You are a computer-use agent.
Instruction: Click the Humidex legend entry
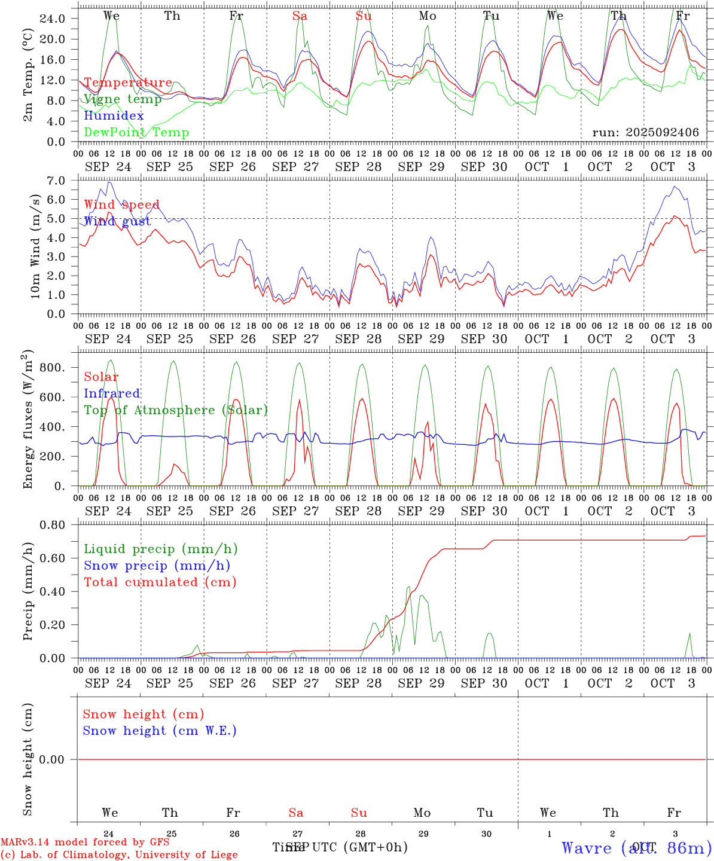pyautogui.click(x=114, y=116)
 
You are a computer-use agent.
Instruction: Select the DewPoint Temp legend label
pyautogui.click(x=136, y=133)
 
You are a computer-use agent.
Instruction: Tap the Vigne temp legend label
pyautogui.click(x=123, y=99)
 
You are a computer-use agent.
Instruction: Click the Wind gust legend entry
pyautogui.click(x=117, y=221)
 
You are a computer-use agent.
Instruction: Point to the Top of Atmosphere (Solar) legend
pyautogui.click(x=176, y=410)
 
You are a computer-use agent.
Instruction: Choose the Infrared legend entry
pyautogui.click(x=112, y=393)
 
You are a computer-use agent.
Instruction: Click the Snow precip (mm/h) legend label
pyautogui.click(x=157, y=566)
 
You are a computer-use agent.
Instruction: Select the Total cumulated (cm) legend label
pyautogui.click(x=160, y=582)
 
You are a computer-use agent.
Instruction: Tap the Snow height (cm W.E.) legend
pyautogui.click(x=160, y=731)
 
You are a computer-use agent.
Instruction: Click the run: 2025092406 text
pyautogui.click(x=645, y=132)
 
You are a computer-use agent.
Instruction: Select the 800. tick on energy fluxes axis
pyautogui.click(x=52, y=367)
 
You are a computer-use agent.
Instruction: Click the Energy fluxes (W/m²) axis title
pyautogui.click(x=28, y=420)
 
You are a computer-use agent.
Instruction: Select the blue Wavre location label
pyautogui.click(x=636, y=848)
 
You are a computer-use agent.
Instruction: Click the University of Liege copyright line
pyautogui.click(x=120, y=855)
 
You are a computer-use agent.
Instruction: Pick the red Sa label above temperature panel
pyautogui.click(x=300, y=16)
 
